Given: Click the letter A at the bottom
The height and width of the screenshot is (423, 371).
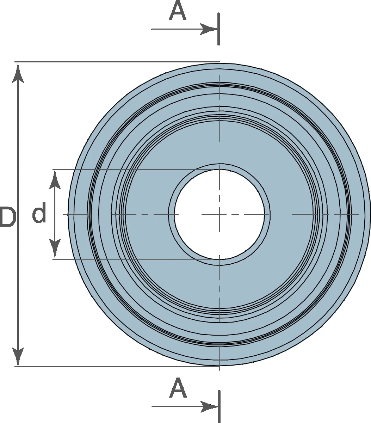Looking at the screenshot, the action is pos(178,388).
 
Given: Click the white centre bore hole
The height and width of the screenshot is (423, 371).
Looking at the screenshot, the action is pos(219,214).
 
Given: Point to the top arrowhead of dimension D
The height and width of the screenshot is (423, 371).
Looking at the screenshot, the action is pos(18,73).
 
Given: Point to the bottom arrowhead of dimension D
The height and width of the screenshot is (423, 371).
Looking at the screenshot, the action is pos(18,356).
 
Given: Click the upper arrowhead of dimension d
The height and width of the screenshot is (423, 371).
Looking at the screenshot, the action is pos(55,180).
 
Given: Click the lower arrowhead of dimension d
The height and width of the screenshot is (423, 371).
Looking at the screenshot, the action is pos(55,249).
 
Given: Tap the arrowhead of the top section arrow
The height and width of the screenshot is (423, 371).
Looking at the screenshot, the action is pos(209,29).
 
